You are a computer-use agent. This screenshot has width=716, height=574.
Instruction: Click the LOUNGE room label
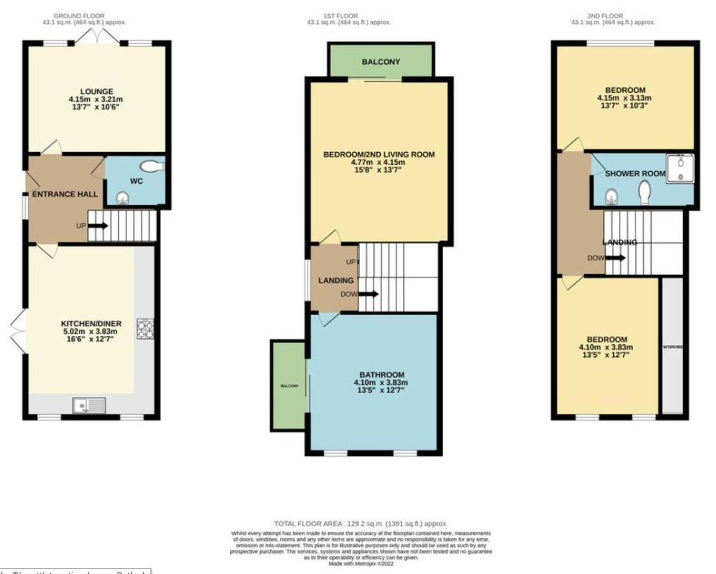[97, 91]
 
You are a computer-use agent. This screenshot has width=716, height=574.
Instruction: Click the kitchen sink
[88, 405]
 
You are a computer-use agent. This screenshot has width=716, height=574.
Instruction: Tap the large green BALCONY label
[380, 62]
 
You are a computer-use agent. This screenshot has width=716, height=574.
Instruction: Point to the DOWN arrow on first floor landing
[367, 294]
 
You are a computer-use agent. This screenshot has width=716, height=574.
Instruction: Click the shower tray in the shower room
[681, 167]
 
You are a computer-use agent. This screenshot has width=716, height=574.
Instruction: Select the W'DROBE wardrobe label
[673, 347]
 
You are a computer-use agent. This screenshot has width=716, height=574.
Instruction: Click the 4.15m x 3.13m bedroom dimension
[624, 98]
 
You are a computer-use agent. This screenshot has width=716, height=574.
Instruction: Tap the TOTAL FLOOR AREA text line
[361, 523]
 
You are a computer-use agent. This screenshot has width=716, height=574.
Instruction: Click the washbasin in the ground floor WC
[122, 198]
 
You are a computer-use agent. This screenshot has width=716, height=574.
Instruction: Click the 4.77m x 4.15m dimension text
[379, 162]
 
